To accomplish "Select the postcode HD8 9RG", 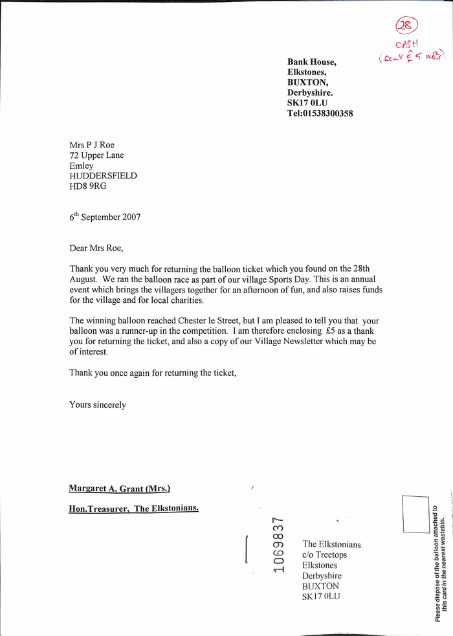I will (88, 186).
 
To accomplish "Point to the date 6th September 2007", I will (105, 217).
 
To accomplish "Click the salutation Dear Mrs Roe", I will (96, 248).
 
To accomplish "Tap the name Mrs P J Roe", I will (92, 145).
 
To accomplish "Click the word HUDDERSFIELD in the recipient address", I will (103, 176).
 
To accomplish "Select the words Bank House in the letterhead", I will (311, 62).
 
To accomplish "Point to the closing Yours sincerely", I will (98, 405).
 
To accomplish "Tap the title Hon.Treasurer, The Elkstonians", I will (133, 509).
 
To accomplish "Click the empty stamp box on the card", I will (415, 514).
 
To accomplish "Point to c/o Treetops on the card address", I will (324, 555).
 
